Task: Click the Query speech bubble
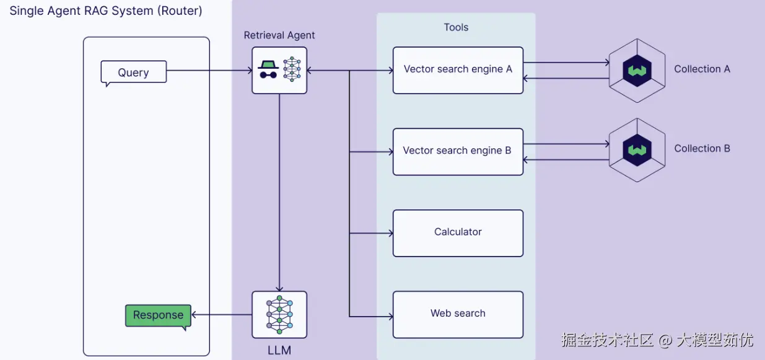[134, 72]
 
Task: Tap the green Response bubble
[158, 315]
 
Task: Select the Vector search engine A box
[458, 70]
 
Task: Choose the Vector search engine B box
[458, 151]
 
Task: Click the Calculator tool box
[458, 233]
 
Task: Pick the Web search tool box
[458, 314]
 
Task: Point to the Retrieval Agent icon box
[279, 70]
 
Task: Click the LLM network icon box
[279, 315]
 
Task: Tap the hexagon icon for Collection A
[637, 70]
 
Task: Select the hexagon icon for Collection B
[637, 150]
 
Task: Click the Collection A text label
[702, 69]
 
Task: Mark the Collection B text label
[702, 149]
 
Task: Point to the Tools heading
[456, 27]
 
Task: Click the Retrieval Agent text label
[279, 35]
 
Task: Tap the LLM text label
[279, 350]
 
